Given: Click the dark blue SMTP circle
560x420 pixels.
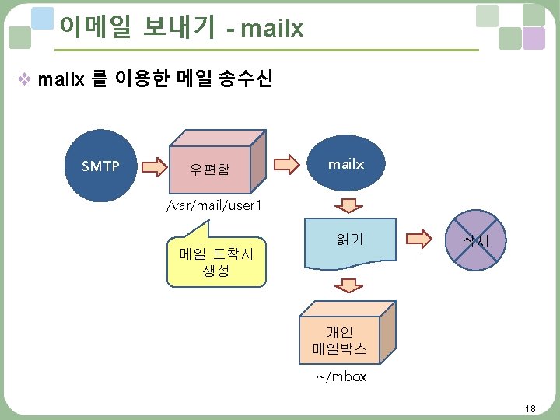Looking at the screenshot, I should [x=100, y=165].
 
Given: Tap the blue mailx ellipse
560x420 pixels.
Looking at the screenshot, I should [x=346, y=164].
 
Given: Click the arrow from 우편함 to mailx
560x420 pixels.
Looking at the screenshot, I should [x=287, y=165].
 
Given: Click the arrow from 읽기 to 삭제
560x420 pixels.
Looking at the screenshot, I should [x=418, y=238].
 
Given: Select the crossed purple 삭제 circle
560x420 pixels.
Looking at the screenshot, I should [x=475, y=241].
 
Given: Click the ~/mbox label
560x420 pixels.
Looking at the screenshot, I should [x=341, y=377].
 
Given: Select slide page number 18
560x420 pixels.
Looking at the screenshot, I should [x=530, y=409].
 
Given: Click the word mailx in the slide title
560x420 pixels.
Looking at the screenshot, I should [x=272, y=29].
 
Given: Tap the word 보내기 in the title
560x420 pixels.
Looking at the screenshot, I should [x=179, y=27].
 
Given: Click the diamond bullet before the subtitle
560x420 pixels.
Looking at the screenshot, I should [x=25, y=79].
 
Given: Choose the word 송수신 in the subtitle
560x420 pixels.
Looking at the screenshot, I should [x=247, y=79].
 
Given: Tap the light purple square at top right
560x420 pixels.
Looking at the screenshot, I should [x=534, y=38].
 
